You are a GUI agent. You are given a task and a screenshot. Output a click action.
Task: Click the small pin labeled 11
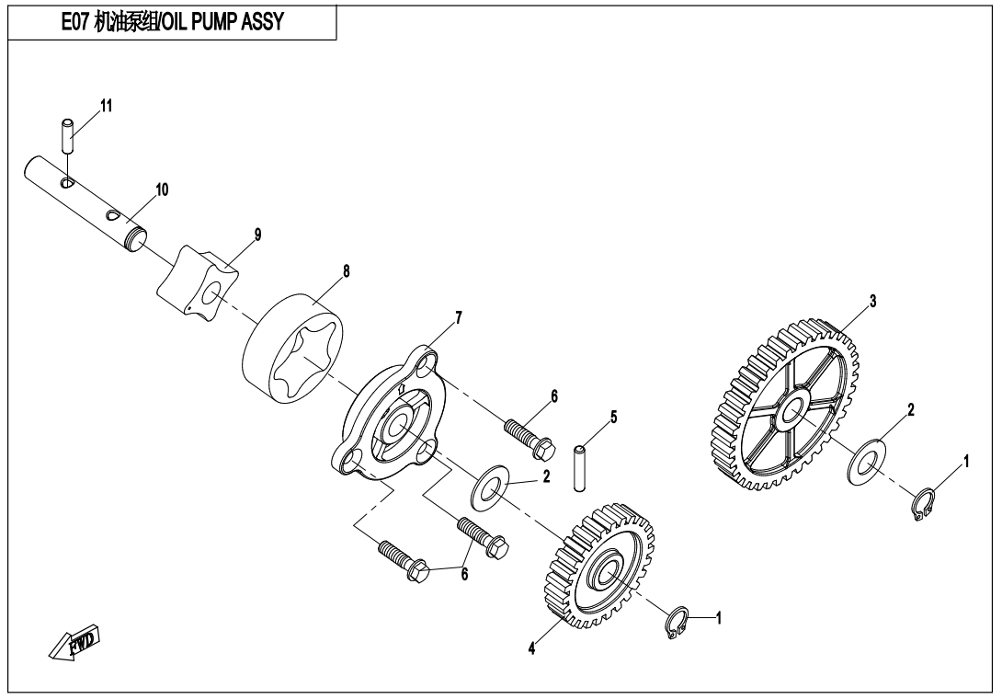click(68, 136)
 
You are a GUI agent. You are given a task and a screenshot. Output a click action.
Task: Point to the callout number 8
click(346, 271)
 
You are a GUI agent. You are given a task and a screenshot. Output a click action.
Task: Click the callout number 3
click(872, 301)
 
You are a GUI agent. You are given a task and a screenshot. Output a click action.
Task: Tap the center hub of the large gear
click(791, 410)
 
